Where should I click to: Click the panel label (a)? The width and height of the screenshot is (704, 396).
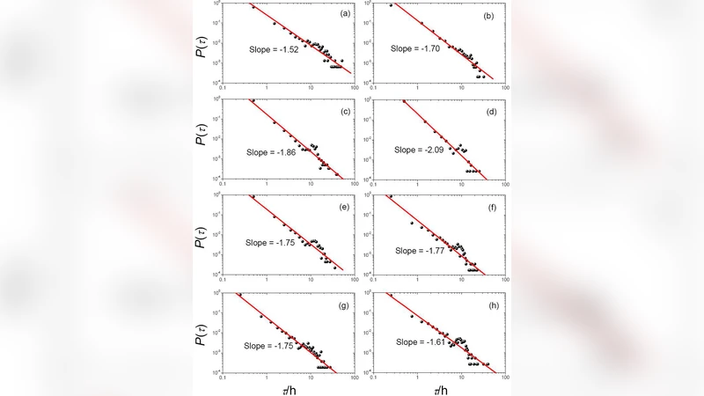tap(337, 14)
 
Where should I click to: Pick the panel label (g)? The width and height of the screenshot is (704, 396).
tap(337, 304)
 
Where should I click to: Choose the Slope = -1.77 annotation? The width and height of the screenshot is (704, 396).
tap(423, 251)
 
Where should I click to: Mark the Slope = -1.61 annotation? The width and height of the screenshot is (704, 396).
tap(423, 341)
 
